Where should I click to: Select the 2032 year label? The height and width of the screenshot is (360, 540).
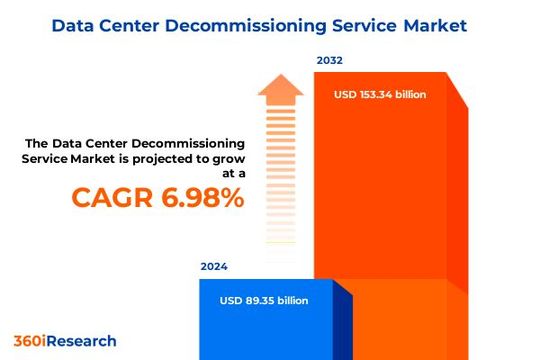(330, 61)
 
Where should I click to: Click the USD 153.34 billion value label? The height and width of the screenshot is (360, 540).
(379, 95)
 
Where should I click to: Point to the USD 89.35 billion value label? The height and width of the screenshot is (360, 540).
(264, 301)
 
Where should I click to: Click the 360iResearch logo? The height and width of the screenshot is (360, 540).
(65, 340)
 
